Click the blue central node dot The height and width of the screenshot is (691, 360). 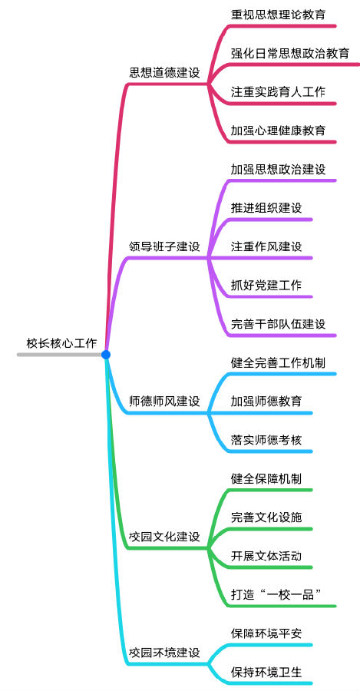tap(105, 354)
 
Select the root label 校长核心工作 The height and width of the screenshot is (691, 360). tap(61, 344)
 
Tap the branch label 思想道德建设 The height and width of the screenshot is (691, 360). tap(164, 73)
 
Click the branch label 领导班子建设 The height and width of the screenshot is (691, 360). tap(164, 246)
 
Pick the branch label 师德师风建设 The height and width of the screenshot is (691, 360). tap(164, 402)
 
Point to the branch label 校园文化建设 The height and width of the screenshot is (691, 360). tap(164, 537)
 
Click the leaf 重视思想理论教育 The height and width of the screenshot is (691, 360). tap(279, 15)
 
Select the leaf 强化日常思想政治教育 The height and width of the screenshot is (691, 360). tap(290, 53)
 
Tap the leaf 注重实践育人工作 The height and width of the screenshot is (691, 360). tap(279, 92)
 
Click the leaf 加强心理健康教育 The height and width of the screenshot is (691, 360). tap(279, 131)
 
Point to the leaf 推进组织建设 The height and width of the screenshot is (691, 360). tap(266, 208)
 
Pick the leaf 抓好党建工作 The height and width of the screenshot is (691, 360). tap(266, 285)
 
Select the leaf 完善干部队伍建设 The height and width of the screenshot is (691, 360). tap(279, 324)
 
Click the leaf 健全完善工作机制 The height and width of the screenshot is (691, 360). tap(279, 362)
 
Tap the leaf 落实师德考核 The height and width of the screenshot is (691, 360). tap(266, 440)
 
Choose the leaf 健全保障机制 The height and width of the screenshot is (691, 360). tap(266, 478)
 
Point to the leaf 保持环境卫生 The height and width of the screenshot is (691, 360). tap(266, 672)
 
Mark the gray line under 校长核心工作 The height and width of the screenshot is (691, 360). tap(59, 354)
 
